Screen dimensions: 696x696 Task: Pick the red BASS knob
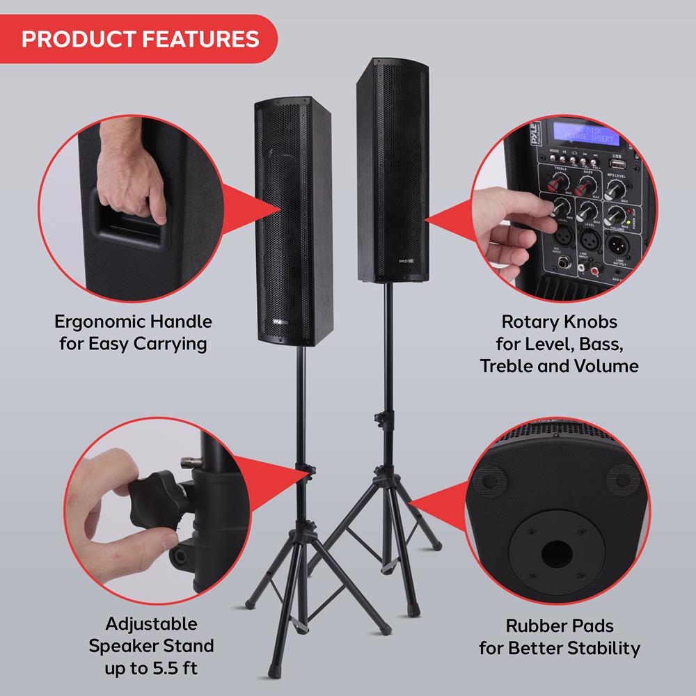[x=587, y=184]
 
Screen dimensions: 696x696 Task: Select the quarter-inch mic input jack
[x=561, y=264]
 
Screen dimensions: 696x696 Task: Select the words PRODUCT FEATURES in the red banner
[x=140, y=38]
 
